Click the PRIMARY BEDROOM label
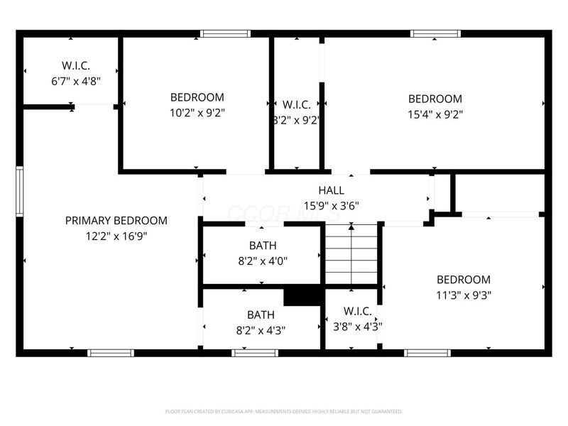[116, 221]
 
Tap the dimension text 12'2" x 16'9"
[116, 236]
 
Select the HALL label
[331, 190]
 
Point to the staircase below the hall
[351, 255]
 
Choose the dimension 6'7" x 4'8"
[76, 81]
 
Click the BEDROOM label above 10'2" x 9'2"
[197, 97]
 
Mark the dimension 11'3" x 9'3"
[463, 295]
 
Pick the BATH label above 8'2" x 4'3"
[261, 315]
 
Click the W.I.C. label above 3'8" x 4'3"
[358, 312]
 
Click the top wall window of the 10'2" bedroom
[225, 33]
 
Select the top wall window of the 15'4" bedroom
[435, 33]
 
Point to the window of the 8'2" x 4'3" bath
[255, 352]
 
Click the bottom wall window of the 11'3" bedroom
[427, 352]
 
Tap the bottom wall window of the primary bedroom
[111, 352]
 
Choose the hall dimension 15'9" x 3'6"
[331, 206]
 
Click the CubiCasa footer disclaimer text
[284, 411]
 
